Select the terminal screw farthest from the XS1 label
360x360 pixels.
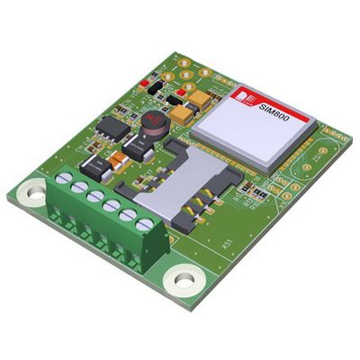pyautogui.click(x=62, y=179)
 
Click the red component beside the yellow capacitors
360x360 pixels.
pyautogui.click(x=184, y=92)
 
